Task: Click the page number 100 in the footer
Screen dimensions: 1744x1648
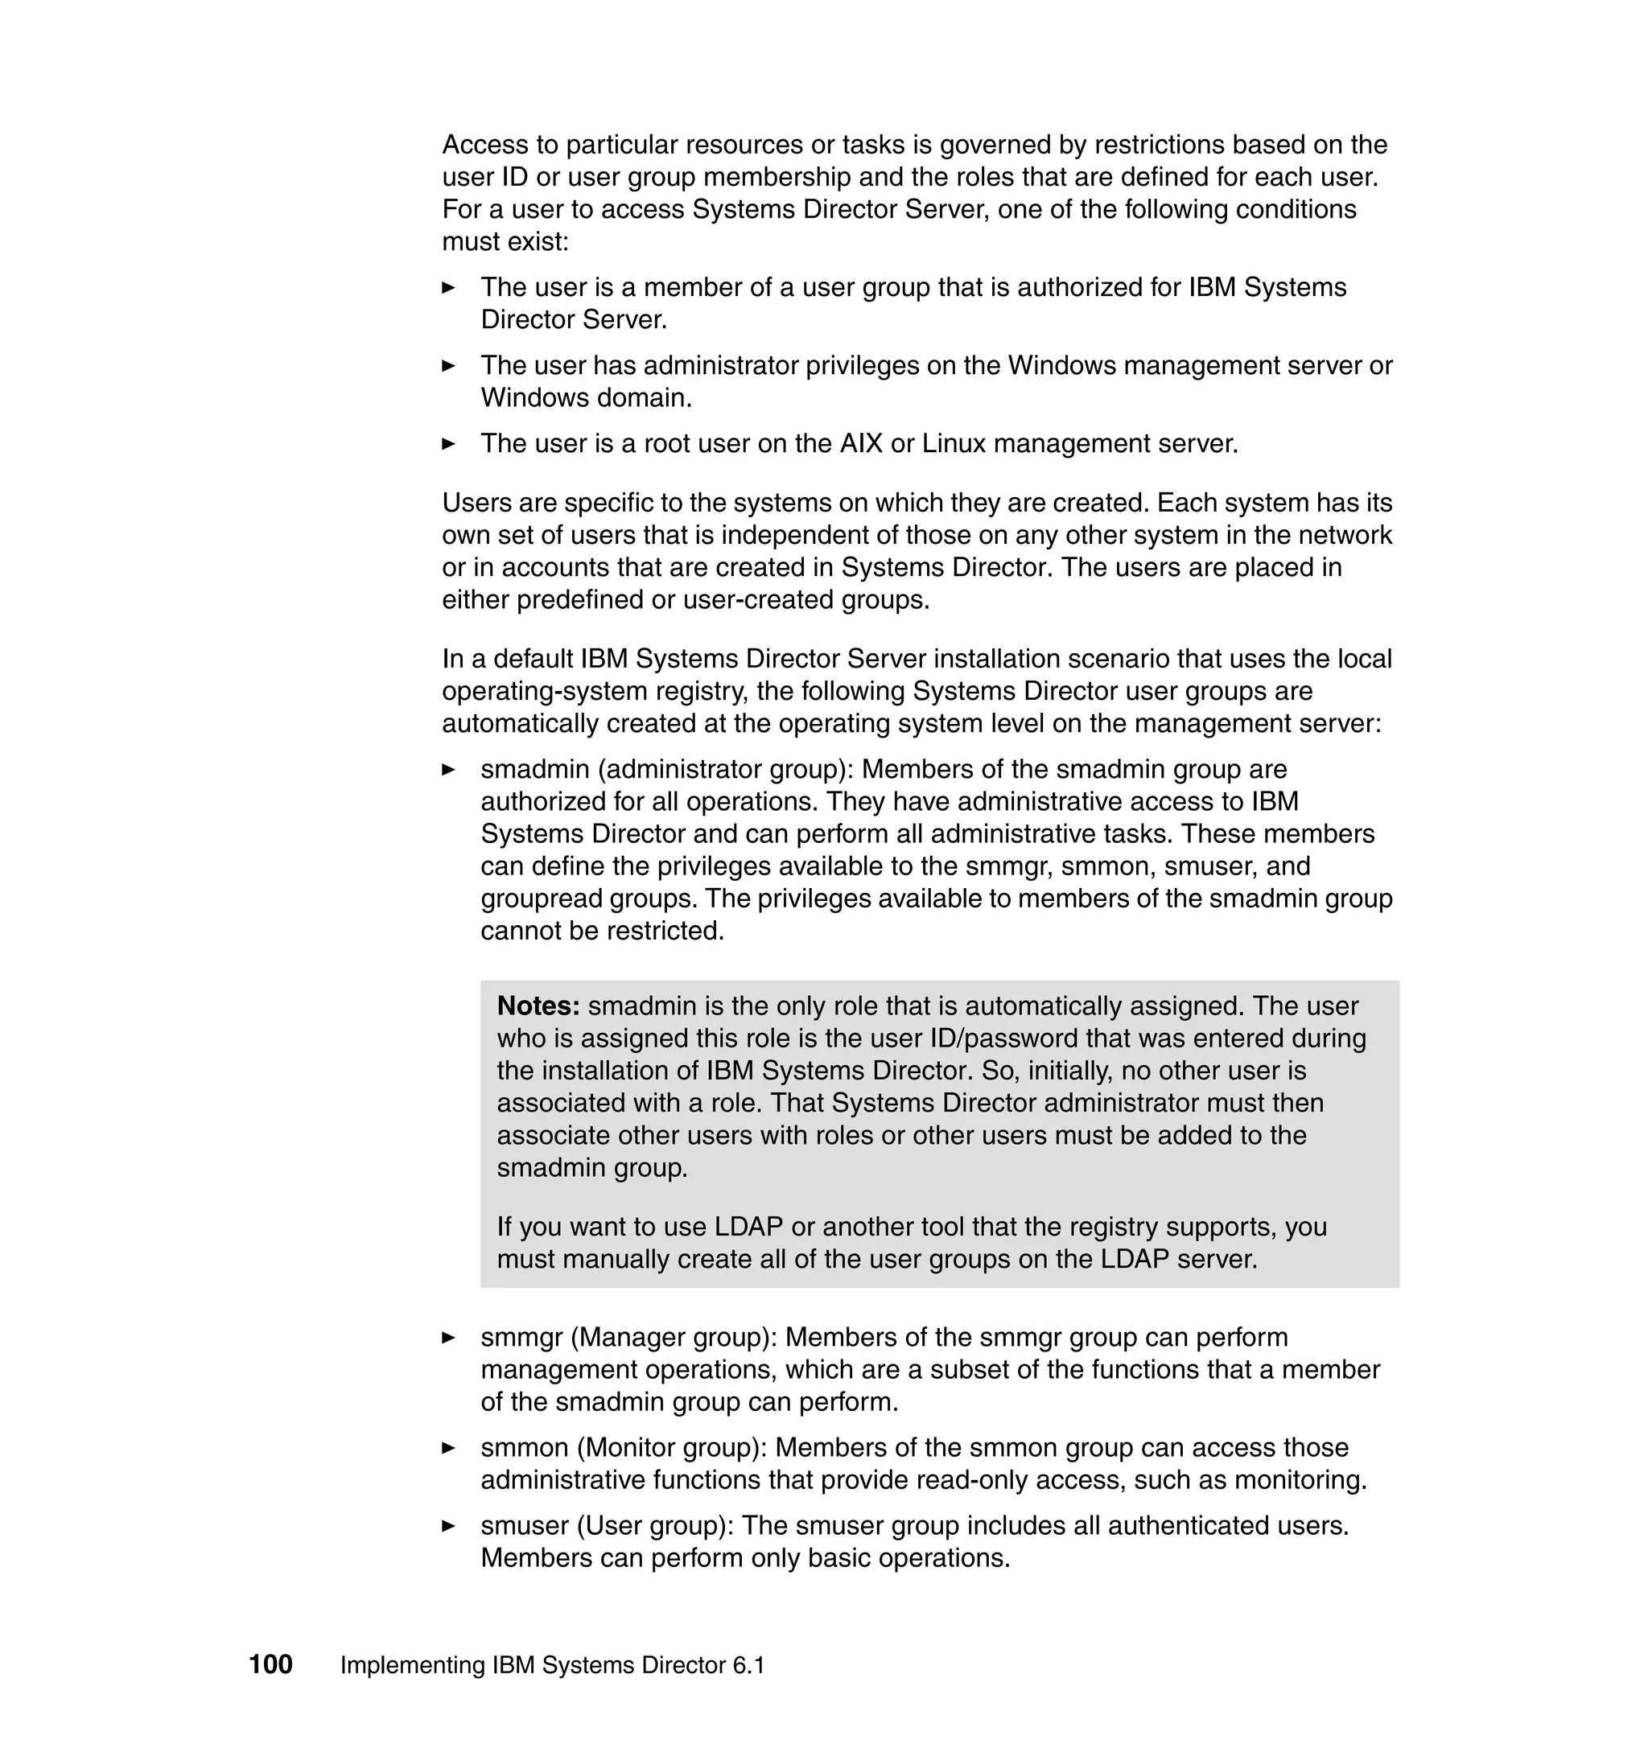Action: (270, 1664)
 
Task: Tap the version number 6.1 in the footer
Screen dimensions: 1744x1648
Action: (748, 1665)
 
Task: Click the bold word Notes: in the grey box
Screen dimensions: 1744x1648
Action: (538, 1006)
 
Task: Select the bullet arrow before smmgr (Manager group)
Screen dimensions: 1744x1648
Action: (448, 1338)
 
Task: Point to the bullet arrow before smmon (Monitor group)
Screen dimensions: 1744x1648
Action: (448, 1448)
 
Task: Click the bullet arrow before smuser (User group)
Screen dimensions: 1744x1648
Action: (448, 1526)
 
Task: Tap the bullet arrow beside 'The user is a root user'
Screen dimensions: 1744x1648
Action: (448, 443)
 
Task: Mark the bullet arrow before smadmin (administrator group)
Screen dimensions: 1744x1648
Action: (448, 769)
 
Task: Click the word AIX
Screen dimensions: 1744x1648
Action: (861, 443)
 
